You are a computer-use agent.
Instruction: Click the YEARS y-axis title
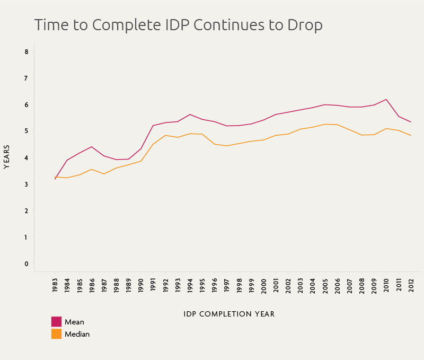pyautogui.click(x=7, y=157)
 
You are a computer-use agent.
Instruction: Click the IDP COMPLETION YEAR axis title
pyautogui.click(x=229, y=314)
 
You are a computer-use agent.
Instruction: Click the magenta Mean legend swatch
pyautogui.click(x=56, y=322)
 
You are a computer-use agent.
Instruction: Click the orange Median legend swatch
pyautogui.click(x=56, y=334)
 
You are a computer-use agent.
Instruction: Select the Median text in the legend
pyautogui.click(x=77, y=334)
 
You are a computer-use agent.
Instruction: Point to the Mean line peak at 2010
pyautogui.click(x=386, y=100)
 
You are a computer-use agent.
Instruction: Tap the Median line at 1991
pyautogui.click(x=153, y=144)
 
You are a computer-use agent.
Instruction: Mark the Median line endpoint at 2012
pyautogui.click(x=411, y=136)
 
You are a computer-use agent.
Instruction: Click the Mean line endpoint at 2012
pyautogui.click(x=411, y=122)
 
